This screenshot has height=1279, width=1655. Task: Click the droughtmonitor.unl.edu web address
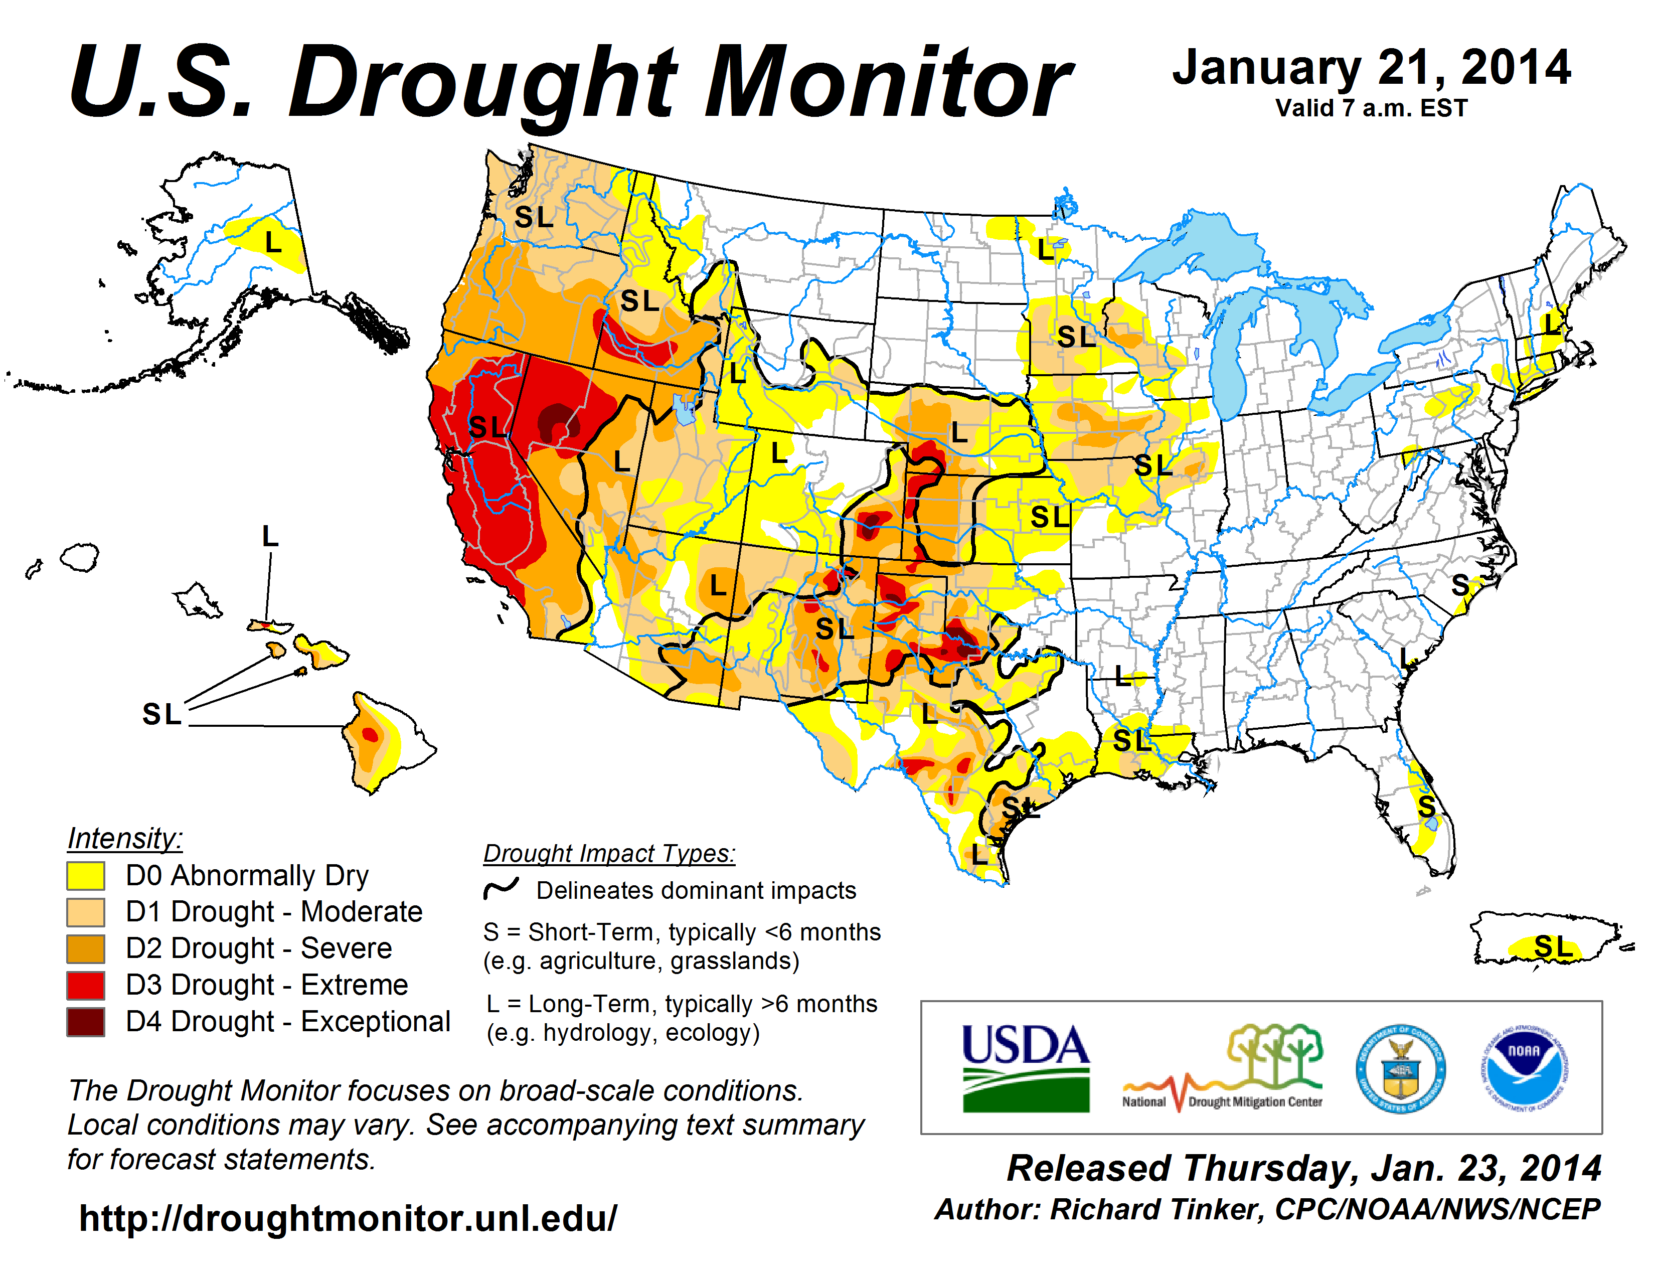tap(348, 1218)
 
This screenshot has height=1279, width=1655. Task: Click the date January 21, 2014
tap(1372, 68)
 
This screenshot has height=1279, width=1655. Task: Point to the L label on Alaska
tap(273, 242)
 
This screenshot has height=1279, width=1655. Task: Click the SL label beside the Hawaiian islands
tap(162, 714)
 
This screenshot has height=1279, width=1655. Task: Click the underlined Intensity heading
tap(125, 838)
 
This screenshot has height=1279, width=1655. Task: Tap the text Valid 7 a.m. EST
tap(1371, 108)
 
